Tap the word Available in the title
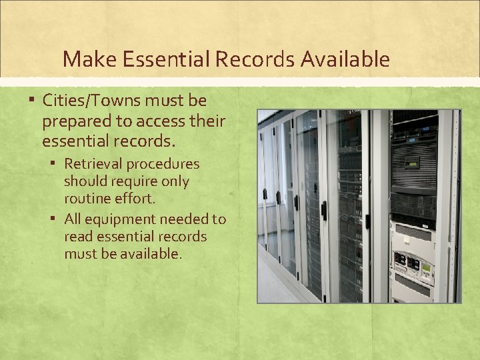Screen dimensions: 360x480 coord(345,59)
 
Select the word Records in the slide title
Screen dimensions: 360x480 coord(255,59)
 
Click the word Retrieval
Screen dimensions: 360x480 coord(93,164)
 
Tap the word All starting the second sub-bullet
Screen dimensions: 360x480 coord(73,219)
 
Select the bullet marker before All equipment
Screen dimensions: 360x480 coord(56,219)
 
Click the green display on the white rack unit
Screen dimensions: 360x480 coord(426,267)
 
